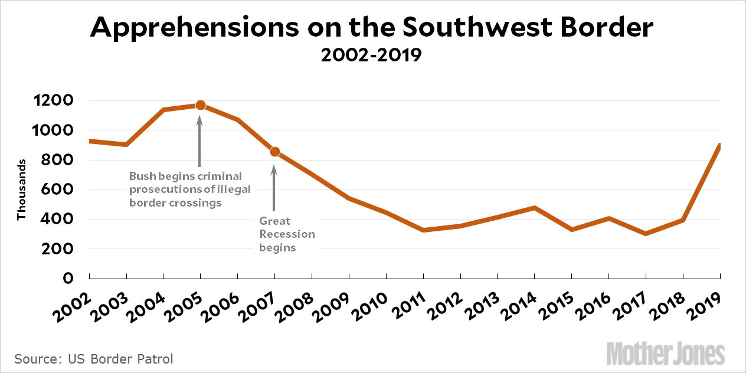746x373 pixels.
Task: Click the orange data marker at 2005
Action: coord(200,105)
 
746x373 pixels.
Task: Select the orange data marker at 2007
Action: coord(274,152)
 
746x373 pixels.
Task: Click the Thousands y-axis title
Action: coord(22,189)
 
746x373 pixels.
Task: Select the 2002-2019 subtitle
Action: coord(372,56)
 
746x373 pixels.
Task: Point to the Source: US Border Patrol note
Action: coord(94,359)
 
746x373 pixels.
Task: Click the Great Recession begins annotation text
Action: coord(287,234)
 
